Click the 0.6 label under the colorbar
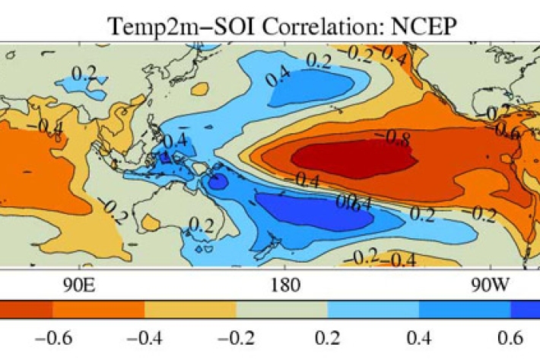pos(511,338)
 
